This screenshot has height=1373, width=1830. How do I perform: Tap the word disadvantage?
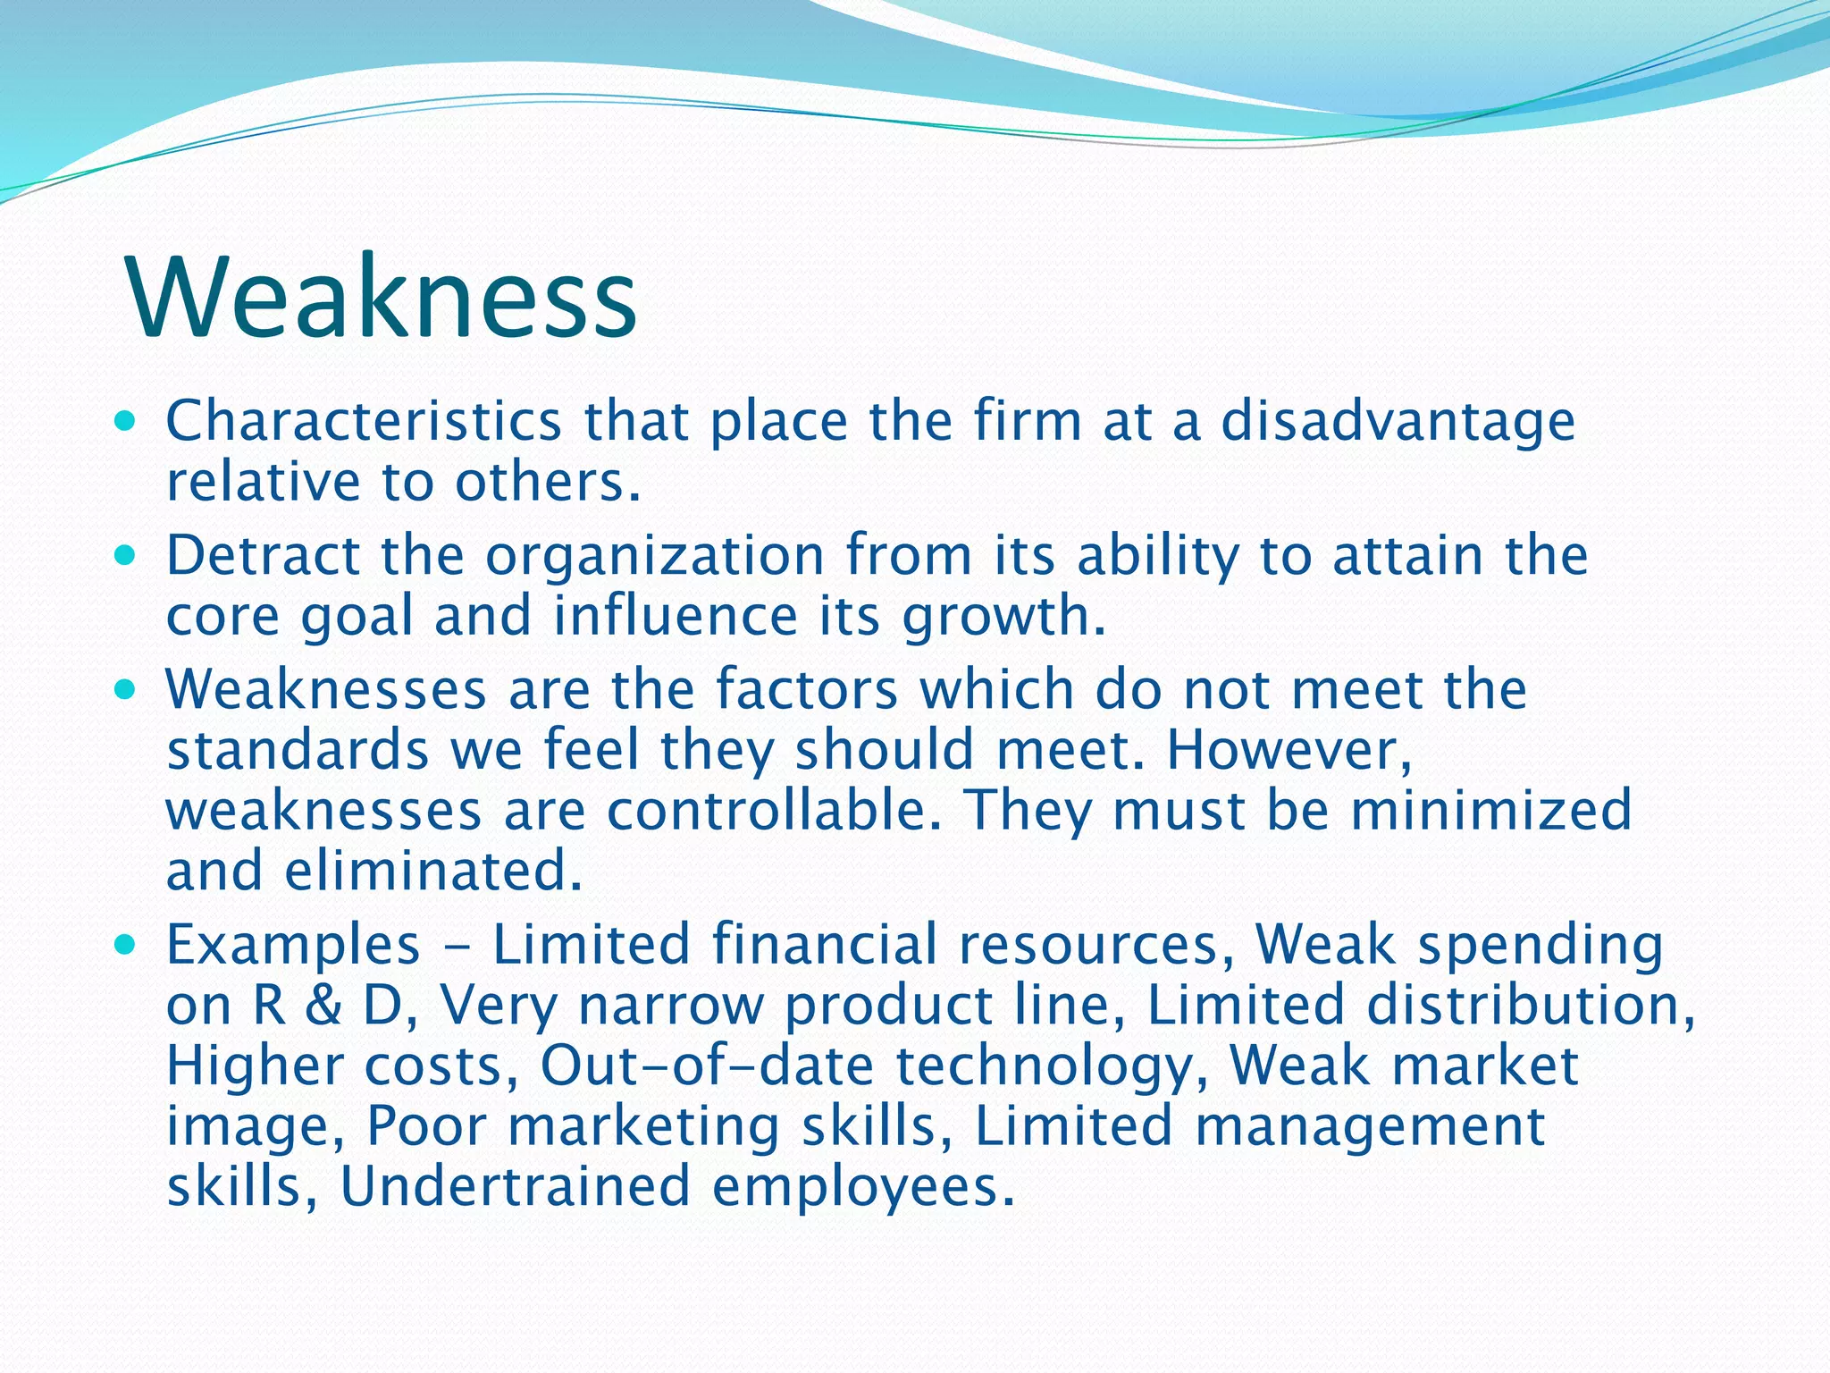click(1398, 422)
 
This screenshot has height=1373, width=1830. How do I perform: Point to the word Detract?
click(263, 555)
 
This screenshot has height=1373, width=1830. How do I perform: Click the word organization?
click(655, 557)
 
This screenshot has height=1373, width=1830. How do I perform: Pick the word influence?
click(675, 616)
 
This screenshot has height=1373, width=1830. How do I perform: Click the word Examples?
click(293, 946)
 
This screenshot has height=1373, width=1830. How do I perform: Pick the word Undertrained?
click(516, 1187)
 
